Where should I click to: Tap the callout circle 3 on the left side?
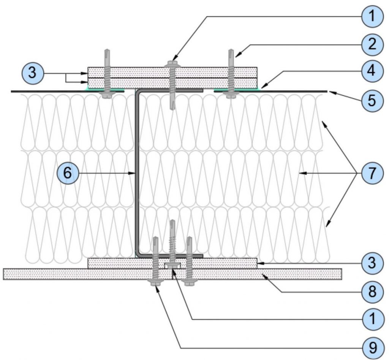tap(33, 73)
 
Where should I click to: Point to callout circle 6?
tap(68, 173)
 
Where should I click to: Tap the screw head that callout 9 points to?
tap(155, 283)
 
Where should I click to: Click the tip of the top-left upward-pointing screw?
tap(107, 49)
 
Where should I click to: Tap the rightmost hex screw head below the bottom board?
tap(189, 283)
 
